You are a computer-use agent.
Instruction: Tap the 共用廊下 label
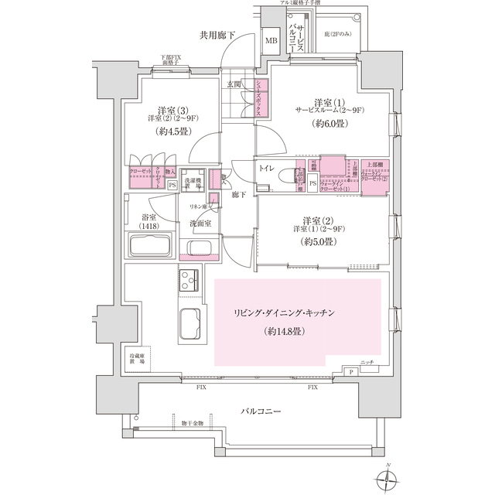(x=217, y=34)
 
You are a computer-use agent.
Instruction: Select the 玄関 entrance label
(x=234, y=84)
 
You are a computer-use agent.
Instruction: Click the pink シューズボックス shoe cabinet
(x=261, y=98)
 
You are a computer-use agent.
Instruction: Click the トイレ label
(x=268, y=166)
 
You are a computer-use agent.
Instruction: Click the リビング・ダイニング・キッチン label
(x=286, y=312)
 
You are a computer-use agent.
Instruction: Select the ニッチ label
(x=367, y=363)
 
